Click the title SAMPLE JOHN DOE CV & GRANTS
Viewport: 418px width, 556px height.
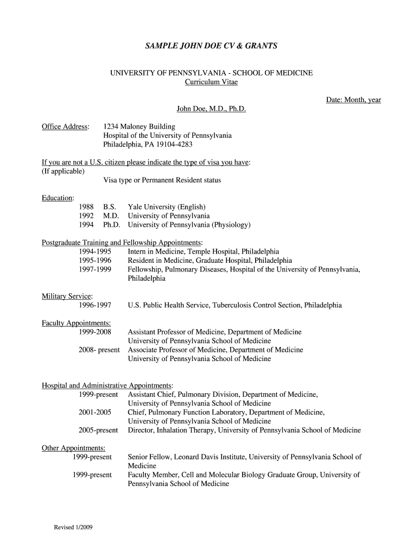[211, 46]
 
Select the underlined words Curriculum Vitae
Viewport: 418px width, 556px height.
[211, 82]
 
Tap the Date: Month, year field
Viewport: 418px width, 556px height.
[353, 100]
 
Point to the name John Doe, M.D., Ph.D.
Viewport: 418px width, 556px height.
[211, 109]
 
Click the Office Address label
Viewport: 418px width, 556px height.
[66, 127]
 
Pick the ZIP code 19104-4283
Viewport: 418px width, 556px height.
[175, 145]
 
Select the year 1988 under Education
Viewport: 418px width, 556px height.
[86, 207]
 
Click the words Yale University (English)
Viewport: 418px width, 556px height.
[167, 207]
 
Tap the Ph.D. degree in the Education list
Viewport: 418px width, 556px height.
[112, 225]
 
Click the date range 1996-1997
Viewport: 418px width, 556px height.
[95, 305]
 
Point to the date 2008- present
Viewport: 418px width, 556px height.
[99, 350]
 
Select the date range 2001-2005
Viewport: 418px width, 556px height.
[95, 412]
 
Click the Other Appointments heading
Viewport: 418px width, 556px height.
[74, 448]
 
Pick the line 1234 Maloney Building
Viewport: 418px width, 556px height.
[139, 127]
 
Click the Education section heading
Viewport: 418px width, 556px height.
[58, 198]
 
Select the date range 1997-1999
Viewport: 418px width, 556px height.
[95, 269]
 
